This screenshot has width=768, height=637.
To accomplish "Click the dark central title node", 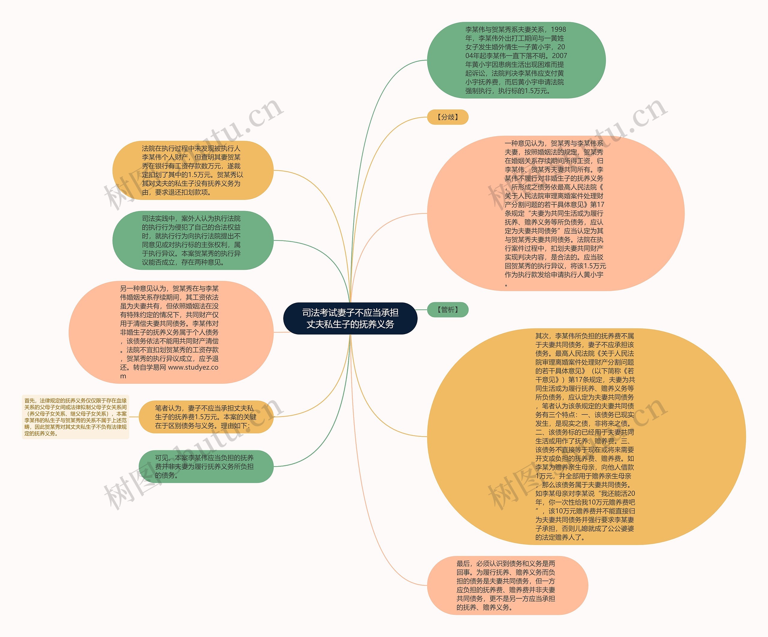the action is coord(350,318).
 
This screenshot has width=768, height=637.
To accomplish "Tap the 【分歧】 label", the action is coord(448,117).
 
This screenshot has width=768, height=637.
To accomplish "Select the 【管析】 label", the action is coord(448,310).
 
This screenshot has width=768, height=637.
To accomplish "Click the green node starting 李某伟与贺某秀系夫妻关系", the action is coord(516,60).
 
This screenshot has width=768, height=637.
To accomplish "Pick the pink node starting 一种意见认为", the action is coord(555,213).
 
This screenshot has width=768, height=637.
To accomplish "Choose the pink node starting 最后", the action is coord(507,585).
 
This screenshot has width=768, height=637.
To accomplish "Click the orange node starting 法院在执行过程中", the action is coord(193,170).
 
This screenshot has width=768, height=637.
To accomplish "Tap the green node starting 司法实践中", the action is coord(193,240).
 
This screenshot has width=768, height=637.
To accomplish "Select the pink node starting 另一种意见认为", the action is coord(171,332).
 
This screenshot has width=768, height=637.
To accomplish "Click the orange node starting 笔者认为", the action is coord(206,417).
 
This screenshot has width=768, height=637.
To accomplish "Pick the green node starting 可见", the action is coord(206,466).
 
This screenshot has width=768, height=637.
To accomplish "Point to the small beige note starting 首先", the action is coord(75,417).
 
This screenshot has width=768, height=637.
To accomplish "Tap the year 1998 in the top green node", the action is coord(558,29).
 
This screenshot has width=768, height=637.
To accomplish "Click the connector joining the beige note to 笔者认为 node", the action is coord(134,417).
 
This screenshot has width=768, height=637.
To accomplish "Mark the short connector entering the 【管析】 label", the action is coord(422,310).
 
